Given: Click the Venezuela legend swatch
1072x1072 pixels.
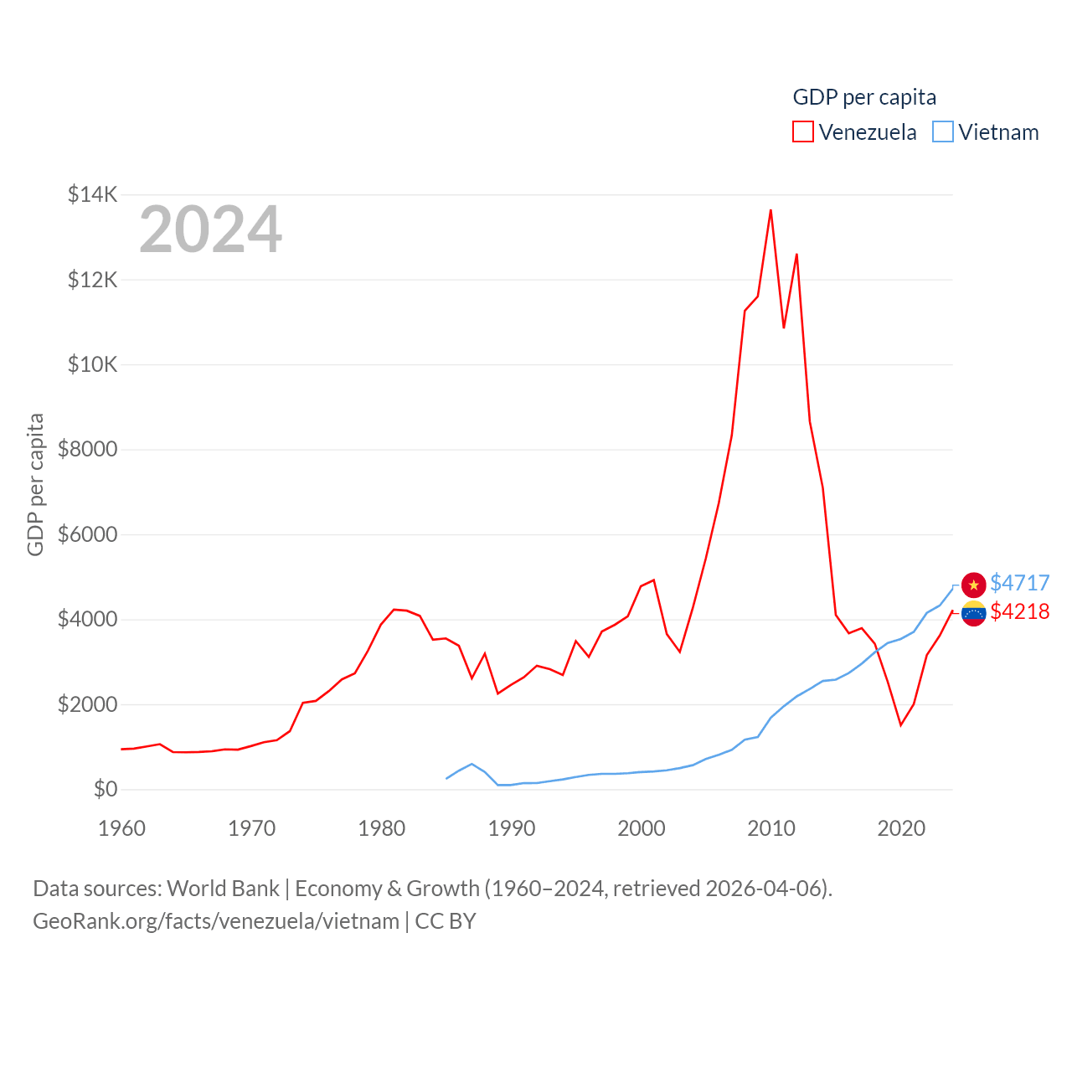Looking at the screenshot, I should click(802, 132).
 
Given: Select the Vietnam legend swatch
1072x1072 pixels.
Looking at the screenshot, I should click(943, 132).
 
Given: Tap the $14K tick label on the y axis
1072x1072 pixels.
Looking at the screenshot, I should click(92, 195).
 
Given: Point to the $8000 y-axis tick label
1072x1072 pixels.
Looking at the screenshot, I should click(87, 450).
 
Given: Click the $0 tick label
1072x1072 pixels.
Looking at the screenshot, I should click(105, 789).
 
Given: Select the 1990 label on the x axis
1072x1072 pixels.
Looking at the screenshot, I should click(511, 828).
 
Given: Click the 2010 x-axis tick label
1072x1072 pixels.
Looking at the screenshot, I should click(770, 828).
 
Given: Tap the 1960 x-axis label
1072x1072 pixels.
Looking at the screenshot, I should click(121, 828).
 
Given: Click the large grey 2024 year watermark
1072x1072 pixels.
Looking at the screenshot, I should click(210, 229).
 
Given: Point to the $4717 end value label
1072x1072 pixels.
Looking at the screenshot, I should click(1019, 583).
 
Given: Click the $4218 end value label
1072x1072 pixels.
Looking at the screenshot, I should click(1019, 611).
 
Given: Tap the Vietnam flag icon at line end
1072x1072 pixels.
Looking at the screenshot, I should click(973, 585).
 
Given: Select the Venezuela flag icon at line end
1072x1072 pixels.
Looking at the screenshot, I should click(973, 614).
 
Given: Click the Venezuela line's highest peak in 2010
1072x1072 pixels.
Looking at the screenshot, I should click(770, 210).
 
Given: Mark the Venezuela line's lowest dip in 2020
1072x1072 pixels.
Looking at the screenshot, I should click(900, 724).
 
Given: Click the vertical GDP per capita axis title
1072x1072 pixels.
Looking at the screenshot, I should click(35, 484).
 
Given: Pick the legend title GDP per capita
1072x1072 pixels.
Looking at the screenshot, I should click(864, 97).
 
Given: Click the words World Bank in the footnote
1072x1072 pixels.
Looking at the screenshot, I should click(223, 888).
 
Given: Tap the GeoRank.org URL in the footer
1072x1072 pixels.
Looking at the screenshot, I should click(216, 921).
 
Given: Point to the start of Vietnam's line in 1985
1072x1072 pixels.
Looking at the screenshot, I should click(446, 778).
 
